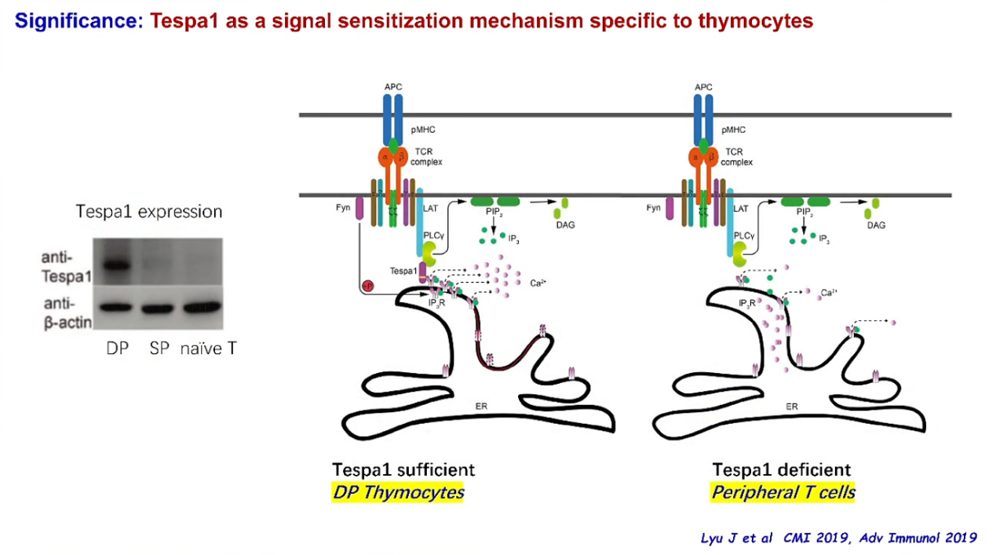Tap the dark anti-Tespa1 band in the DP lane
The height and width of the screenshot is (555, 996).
point(117,266)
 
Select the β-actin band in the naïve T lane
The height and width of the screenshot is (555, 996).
point(202,307)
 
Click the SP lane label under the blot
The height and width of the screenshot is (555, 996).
point(159,349)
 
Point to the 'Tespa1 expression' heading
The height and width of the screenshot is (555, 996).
point(149,212)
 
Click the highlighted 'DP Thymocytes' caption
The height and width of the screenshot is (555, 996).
point(398,492)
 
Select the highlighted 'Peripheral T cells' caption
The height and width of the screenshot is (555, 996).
point(783,492)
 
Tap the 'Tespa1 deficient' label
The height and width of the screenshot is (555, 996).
point(781,469)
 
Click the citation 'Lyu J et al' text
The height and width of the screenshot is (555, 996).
point(736,538)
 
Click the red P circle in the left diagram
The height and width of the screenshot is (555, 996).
point(368,286)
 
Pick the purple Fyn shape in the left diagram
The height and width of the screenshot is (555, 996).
point(359,209)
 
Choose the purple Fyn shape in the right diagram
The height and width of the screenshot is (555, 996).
point(669,209)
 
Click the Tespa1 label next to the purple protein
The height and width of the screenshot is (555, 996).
point(403,271)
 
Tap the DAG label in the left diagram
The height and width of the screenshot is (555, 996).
point(565,225)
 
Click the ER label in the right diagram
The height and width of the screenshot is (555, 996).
point(791,407)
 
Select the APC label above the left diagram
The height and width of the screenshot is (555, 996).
point(393,86)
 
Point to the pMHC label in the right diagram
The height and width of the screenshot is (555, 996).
point(734,130)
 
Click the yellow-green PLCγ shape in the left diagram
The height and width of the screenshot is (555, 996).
point(429,254)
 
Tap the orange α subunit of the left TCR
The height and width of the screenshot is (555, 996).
point(385,158)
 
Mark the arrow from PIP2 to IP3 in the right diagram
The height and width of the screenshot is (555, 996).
point(804,225)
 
